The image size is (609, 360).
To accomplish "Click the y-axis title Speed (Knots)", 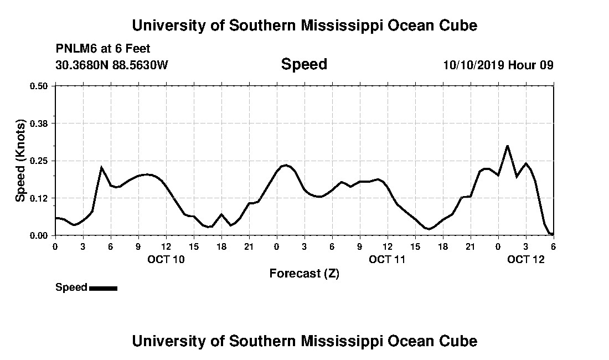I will click(x=20, y=161).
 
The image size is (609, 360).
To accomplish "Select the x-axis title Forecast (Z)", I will click(x=304, y=273).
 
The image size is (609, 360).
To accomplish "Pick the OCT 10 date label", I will click(x=166, y=259).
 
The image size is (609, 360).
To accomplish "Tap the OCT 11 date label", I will click(x=388, y=259).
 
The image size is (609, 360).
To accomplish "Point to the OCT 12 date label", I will click(x=526, y=259).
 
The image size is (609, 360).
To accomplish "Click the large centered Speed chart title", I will click(x=304, y=64).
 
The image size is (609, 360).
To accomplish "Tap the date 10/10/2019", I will click(x=473, y=65).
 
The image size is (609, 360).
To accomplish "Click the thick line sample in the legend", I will click(x=103, y=288).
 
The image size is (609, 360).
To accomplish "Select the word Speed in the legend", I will click(x=71, y=287).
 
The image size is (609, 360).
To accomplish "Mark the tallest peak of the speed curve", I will click(x=507, y=146).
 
